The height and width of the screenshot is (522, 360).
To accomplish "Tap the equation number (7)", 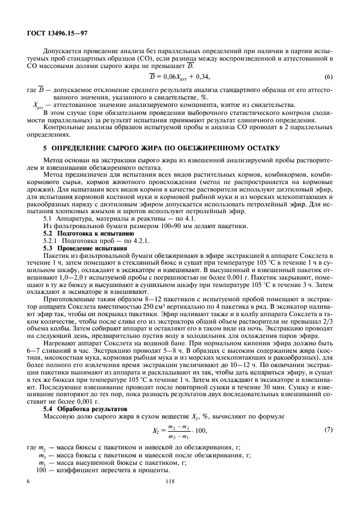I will point(328,429).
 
